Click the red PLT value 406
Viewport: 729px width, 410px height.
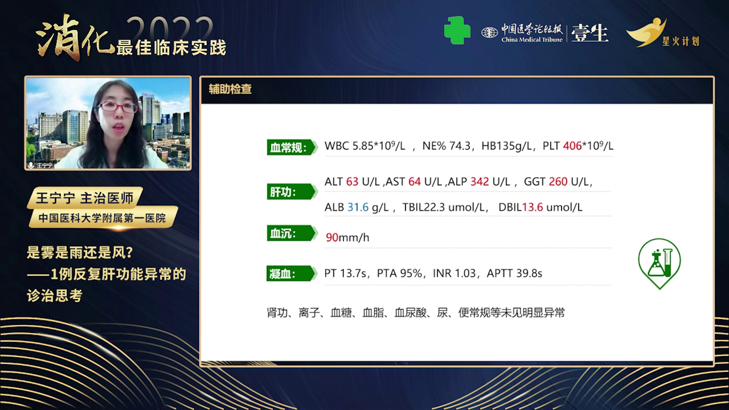point(572,146)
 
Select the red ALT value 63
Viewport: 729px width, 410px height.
point(352,181)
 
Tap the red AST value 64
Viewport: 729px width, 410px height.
point(414,181)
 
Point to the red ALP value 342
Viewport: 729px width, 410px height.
point(480,181)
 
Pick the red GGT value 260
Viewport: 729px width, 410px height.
point(558,181)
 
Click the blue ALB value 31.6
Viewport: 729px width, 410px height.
point(358,207)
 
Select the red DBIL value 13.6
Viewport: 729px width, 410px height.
point(532,207)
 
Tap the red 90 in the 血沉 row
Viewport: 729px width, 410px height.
point(332,237)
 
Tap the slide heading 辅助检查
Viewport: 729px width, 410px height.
point(230,89)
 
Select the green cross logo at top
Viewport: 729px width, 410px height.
point(457,30)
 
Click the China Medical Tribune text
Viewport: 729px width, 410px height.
point(532,39)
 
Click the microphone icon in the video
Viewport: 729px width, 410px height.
point(31,165)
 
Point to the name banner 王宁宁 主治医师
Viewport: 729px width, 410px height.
point(85,198)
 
